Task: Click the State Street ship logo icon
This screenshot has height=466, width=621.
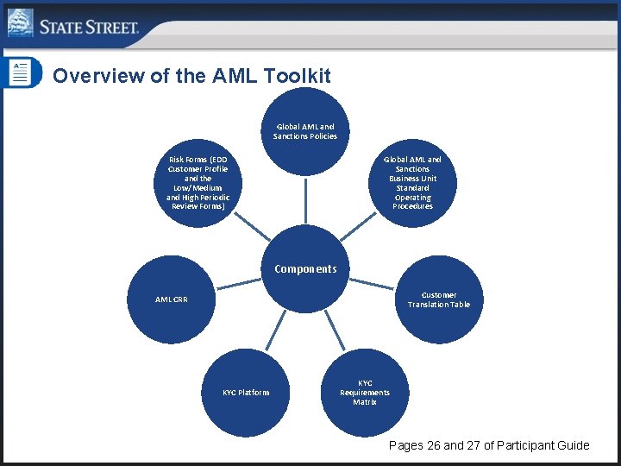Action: tap(20, 22)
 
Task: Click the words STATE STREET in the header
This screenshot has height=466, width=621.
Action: tap(89, 27)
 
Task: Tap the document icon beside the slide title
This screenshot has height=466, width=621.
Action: tap(18, 72)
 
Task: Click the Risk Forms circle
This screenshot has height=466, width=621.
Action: tap(198, 183)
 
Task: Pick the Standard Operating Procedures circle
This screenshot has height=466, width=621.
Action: tap(412, 183)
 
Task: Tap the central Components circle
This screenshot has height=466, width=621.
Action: tap(305, 268)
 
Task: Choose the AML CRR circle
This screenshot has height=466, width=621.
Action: tap(171, 299)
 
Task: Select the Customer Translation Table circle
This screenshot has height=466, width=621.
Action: tap(439, 299)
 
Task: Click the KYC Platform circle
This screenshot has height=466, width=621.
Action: tap(245, 393)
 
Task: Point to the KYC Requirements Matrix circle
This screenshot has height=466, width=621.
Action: tap(365, 393)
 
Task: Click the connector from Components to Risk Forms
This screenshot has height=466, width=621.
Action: tap(251, 226)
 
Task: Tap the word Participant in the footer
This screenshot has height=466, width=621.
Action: tap(524, 445)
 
